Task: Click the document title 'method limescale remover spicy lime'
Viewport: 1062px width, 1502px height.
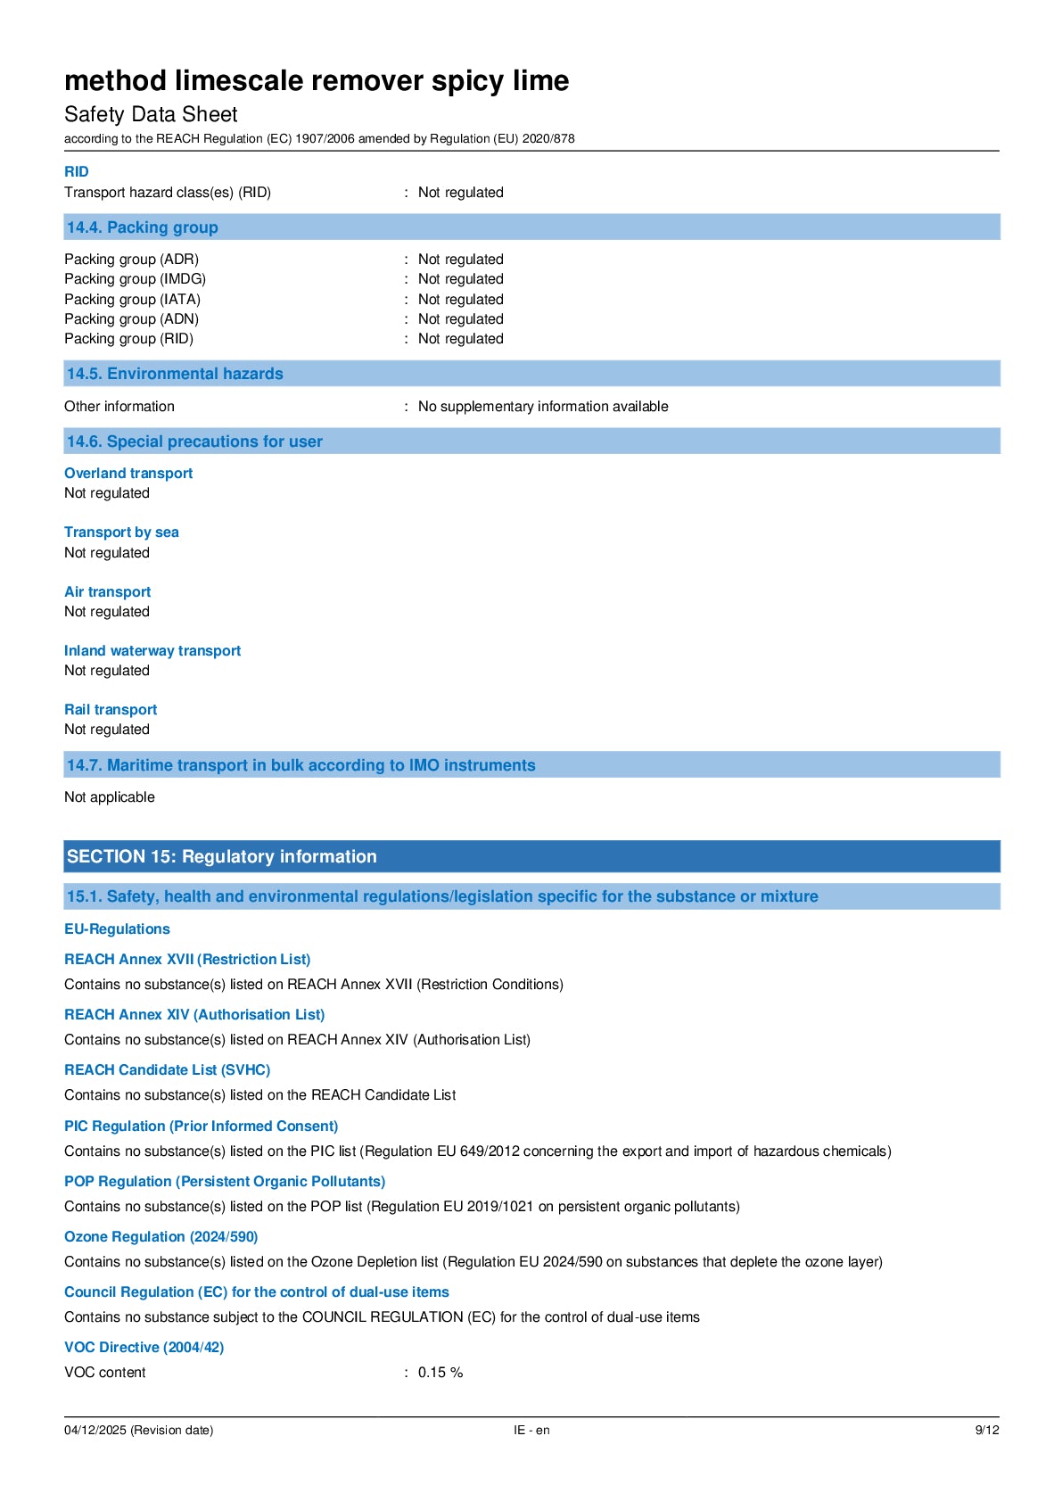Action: [x=317, y=81]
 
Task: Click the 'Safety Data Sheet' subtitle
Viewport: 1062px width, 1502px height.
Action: [x=151, y=114]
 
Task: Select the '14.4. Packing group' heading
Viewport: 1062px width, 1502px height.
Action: [x=143, y=227]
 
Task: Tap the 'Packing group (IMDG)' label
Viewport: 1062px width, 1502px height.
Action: [x=135, y=279]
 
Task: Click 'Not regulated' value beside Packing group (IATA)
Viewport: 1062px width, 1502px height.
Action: [x=460, y=300]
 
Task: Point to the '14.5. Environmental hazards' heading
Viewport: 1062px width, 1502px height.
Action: [x=175, y=374]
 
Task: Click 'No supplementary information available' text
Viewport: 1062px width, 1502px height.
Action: [x=543, y=407]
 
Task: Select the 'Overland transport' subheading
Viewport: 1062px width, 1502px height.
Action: [x=128, y=474]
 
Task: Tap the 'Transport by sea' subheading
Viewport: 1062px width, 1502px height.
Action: [x=121, y=532]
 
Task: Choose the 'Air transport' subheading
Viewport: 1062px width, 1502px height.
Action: [x=107, y=592]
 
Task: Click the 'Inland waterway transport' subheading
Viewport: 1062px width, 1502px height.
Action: [x=152, y=651]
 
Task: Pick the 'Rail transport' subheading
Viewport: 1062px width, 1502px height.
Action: [x=111, y=710]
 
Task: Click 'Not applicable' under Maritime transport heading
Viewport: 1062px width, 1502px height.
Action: [x=110, y=797]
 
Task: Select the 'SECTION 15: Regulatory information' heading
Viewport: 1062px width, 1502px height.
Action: [x=222, y=856]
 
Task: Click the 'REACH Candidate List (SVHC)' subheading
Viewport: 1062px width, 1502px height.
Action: [x=167, y=1070]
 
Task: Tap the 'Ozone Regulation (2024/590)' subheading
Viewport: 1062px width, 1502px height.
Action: [x=161, y=1237]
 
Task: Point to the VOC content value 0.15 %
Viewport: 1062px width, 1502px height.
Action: [x=440, y=1373]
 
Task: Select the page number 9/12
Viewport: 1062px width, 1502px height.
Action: [x=986, y=1431]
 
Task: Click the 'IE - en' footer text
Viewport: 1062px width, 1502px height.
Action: [x=531, y=1431]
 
